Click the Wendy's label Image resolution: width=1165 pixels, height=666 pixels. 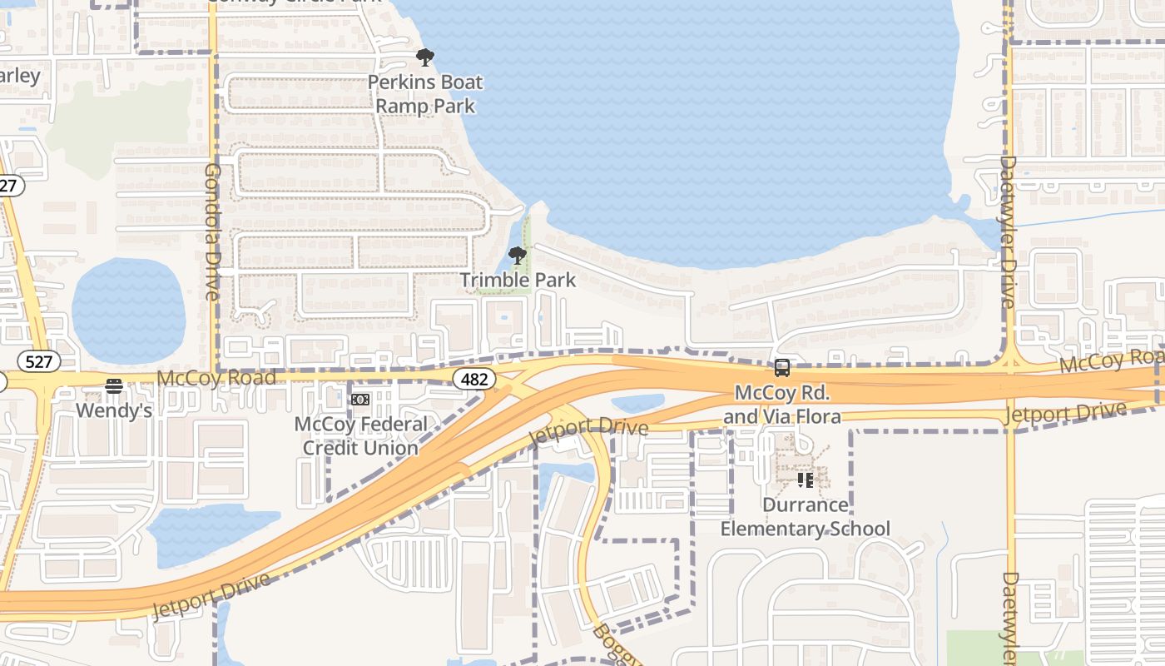point(114,410)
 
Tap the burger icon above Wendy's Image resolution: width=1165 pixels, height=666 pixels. point(114,385)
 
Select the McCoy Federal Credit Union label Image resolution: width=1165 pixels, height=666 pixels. point(360,435)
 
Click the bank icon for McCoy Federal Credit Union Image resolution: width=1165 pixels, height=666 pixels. point(360,400)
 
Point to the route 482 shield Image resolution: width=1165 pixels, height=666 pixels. point(474,380)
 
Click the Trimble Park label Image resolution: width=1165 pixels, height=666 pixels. point(518,280)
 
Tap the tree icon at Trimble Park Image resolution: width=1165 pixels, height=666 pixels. point(518,256)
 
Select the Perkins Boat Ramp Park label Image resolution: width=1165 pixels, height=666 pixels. point(425,94)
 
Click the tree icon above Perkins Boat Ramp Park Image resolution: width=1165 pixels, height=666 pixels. point(425,57)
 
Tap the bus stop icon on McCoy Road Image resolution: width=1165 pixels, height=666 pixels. point(781,367)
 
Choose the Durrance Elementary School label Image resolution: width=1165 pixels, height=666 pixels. point(805,516)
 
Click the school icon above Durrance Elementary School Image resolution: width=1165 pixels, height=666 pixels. point(805,480)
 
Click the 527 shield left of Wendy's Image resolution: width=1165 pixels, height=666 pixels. point(39,361)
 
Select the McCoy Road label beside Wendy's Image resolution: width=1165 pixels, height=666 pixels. point(216,378)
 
